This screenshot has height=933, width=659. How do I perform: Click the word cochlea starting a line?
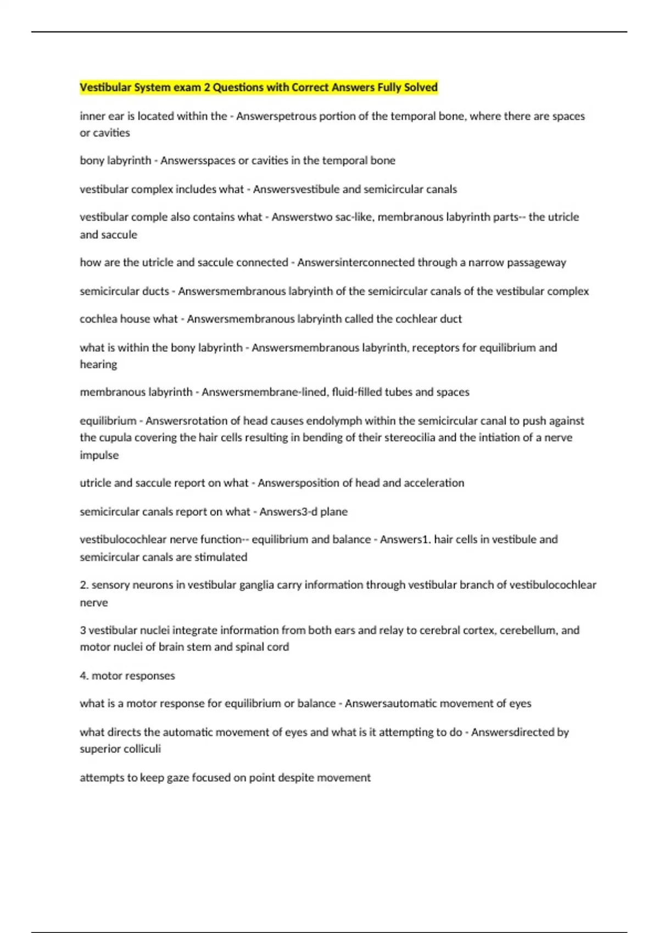[x=98, y=319]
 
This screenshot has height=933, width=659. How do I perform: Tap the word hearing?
[x=98, y=364]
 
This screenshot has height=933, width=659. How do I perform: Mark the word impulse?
[x=99, y=455]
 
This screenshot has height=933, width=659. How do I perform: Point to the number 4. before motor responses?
[x=84, y=676]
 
